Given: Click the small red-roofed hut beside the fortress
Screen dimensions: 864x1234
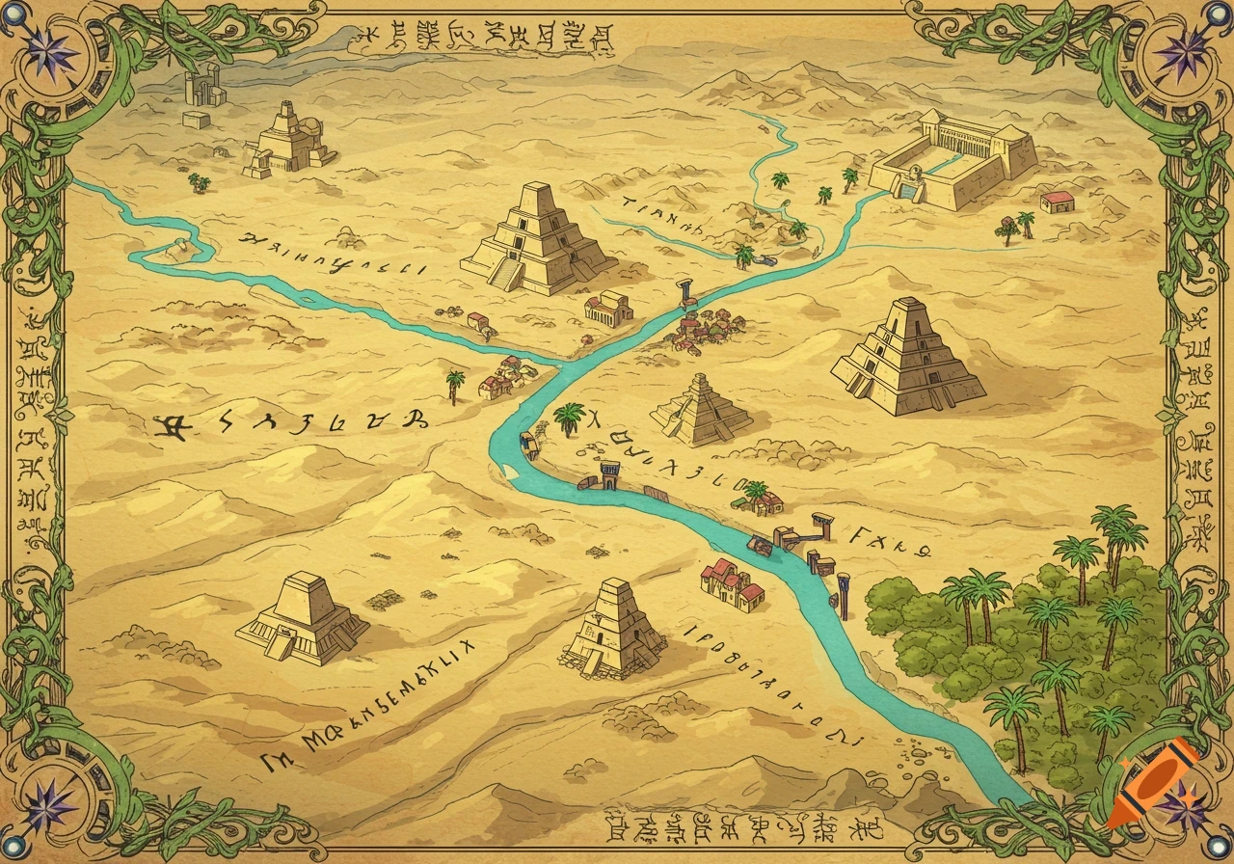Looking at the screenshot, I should (x=1057, y=202).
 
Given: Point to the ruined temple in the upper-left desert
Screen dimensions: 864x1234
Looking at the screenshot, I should (x=286, y=143).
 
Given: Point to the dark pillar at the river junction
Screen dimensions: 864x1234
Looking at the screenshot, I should (x=686, y=291).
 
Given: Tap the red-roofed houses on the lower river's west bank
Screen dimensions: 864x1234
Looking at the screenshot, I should (x=731, y=584).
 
